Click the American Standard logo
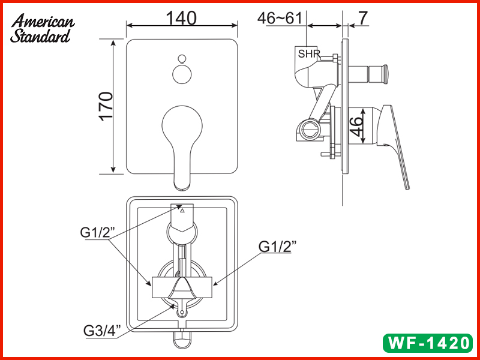43,29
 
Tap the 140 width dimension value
182,18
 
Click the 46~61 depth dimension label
280,18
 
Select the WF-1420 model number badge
427,344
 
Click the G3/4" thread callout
103,329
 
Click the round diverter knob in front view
182,74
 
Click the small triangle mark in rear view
183,211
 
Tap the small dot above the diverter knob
182,59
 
